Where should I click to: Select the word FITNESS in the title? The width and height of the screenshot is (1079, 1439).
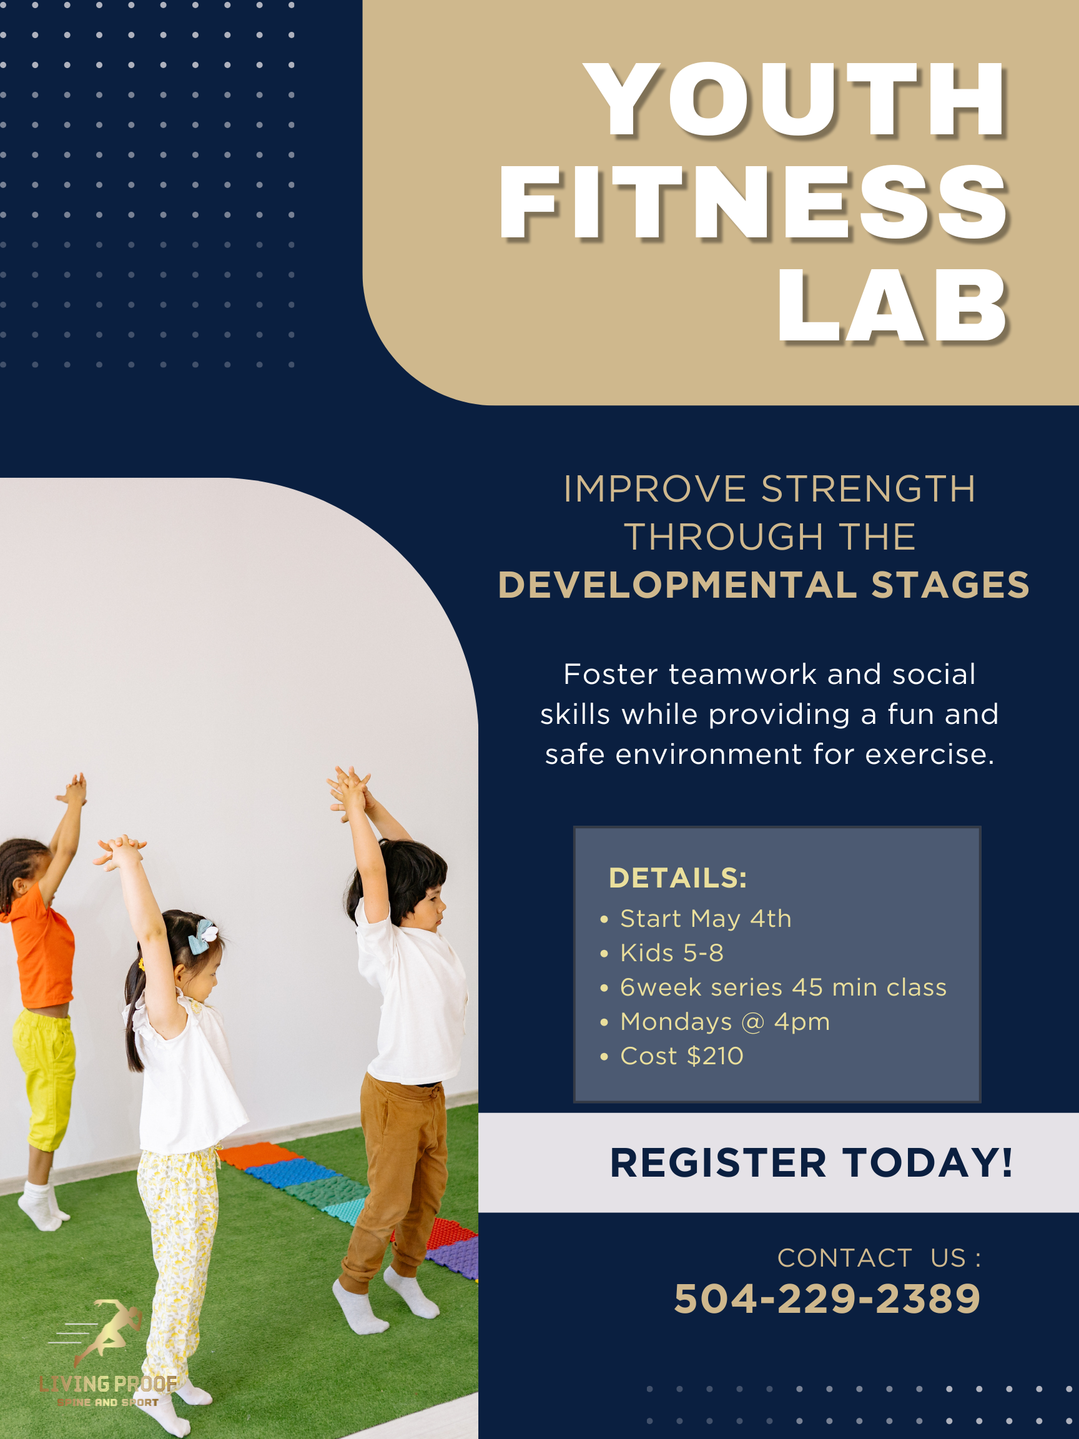[x=754, y=202]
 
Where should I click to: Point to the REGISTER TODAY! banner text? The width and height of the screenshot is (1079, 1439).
[x=811, y=1162]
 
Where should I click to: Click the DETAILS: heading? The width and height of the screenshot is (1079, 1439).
[x=677, y=878]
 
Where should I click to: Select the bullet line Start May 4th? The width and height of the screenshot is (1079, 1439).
[x=706, y=919]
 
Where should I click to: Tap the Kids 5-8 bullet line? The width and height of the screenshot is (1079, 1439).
[x=672, y=953]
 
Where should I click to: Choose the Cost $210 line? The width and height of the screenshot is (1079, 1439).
[x=682, y=1056]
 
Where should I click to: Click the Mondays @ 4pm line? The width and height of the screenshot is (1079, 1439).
[x=725, y=1022]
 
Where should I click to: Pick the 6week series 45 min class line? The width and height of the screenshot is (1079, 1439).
[x=783, y=987]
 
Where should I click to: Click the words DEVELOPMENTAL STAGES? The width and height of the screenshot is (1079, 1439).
[x=764, y=585]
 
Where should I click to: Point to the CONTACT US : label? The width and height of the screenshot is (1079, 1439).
[x=879, y=1258]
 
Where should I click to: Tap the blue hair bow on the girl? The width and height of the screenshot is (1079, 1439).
[x=202, y=936]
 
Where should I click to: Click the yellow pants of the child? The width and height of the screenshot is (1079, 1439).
[x=44, y=1079]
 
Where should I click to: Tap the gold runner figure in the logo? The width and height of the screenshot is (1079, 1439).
[x=107, y=1328]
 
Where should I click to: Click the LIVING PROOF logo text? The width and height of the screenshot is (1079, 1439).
[x=108, y=1383]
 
